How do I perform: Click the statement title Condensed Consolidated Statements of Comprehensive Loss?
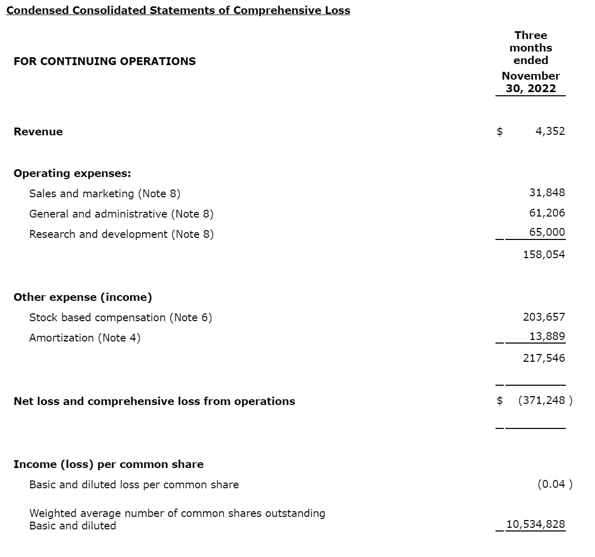(x=178, y=10)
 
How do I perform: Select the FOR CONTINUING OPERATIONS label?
(x=105, y=61)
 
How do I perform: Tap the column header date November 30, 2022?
(x=531, y=82)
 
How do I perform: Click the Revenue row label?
(x=38, y=132)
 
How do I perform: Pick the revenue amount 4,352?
(x=550, y=131)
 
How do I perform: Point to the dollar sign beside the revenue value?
(x=500, y=131)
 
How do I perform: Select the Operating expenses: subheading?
(x=72, y=173)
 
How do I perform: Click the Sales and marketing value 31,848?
(x=547, y=193)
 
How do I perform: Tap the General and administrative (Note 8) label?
(x=121, y=214)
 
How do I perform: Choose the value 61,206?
(x=547, y=213)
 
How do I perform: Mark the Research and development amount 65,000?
(x=547, y=232)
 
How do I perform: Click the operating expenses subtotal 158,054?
(x=544, y=255)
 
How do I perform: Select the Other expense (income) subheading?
(x=83, y=297)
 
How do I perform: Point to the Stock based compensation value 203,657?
(x=544, y=317)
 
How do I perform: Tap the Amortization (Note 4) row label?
(x=85, y=338)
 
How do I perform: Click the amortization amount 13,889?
(x=547, y=336)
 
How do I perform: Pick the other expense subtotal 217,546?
(x=544, y=358)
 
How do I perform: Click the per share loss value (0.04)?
(x=554, y=484)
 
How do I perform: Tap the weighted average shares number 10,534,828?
(x=536, y=524)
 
